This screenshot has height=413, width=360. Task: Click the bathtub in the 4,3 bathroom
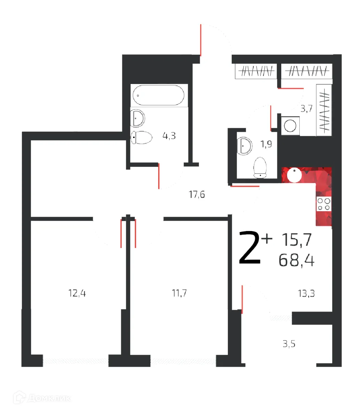[158, 95]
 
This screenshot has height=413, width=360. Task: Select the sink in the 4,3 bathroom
[138, 118]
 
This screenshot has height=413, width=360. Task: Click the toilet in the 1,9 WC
[260, 168]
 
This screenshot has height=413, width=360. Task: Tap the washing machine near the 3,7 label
[290, 124]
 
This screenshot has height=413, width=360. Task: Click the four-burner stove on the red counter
[324, 204]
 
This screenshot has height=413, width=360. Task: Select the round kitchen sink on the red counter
[294, 175]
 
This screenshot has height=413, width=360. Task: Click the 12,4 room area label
[77, 293]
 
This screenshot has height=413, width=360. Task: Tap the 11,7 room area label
[179, 293]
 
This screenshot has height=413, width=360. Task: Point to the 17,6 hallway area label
[197, 194]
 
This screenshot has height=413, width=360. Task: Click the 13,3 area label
[306, 294]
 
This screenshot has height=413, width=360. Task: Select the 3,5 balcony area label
[289, 344]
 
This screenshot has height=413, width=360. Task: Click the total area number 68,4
[297, 260]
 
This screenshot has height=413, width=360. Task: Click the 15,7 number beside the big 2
[296, 240]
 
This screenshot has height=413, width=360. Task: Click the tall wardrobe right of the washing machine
[324, 110]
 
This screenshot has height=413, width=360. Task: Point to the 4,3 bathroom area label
[169, 136]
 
